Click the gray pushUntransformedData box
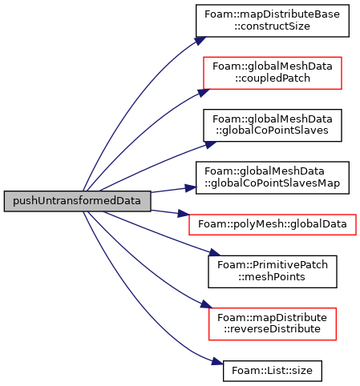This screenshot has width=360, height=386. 77,201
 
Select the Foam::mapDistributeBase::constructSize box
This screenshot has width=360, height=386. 273,21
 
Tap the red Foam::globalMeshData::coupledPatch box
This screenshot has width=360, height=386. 273,73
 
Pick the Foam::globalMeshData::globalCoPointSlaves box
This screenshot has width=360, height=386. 273,125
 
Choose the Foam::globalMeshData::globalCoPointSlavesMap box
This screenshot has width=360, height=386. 273,178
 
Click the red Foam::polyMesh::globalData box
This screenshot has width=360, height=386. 273,224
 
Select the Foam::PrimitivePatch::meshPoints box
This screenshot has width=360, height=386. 273,271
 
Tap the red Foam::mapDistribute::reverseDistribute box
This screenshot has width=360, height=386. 273,324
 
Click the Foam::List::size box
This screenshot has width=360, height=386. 273,371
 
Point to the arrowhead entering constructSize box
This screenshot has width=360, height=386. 200,41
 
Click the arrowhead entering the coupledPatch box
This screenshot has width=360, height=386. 204,92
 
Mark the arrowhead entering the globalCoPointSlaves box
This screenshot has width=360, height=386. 211,144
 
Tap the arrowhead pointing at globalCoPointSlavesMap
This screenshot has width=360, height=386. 190,188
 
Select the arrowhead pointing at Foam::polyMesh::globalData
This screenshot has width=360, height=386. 184,214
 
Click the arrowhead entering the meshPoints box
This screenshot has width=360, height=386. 215,252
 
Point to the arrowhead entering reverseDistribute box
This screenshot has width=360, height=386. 207,304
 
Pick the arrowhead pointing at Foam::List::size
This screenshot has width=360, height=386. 217,362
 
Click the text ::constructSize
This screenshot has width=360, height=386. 273,26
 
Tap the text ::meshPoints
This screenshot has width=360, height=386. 272,277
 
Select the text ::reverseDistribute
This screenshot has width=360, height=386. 273,329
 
